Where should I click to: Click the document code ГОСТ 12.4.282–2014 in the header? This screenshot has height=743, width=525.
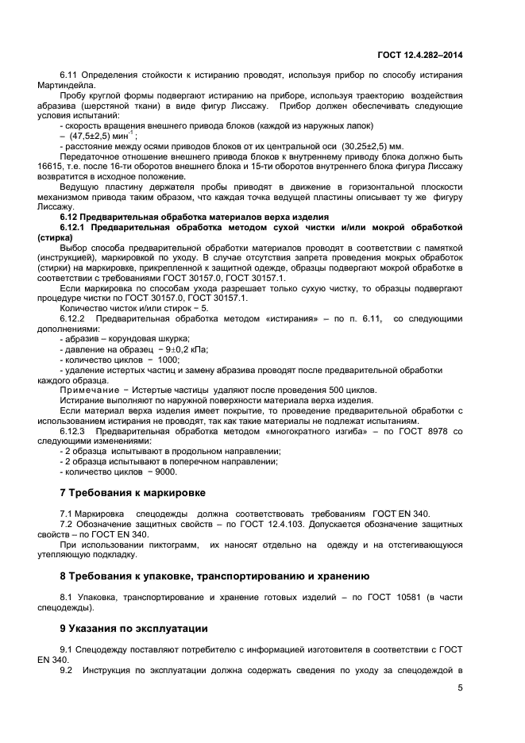tap(419, 54)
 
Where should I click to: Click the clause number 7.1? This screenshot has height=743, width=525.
tap(67, 514)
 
